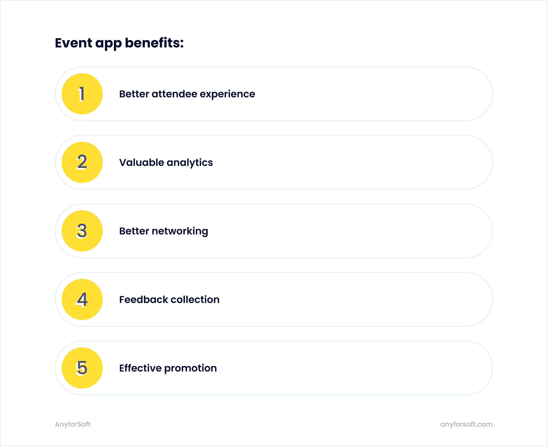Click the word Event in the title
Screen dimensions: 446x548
click(x=73, y=43)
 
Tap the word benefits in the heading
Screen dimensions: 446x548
click(x=154, y=43)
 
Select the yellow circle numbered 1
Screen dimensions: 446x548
click(x=82, y=94)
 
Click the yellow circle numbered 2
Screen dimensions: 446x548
click(x=82, y=162)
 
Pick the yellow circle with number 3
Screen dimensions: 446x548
click(x=82, y=231)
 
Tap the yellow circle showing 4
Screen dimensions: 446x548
click(x=82, y=299)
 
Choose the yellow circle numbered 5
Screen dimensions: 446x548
click(x=82, y=368)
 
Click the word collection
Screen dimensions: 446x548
click(x=195, y=300)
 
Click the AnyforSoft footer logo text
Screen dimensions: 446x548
click(x=73, y=424)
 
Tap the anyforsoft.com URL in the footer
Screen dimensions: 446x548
click(x=466, y=424)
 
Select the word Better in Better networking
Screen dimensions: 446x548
click(x=134, y=231)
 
